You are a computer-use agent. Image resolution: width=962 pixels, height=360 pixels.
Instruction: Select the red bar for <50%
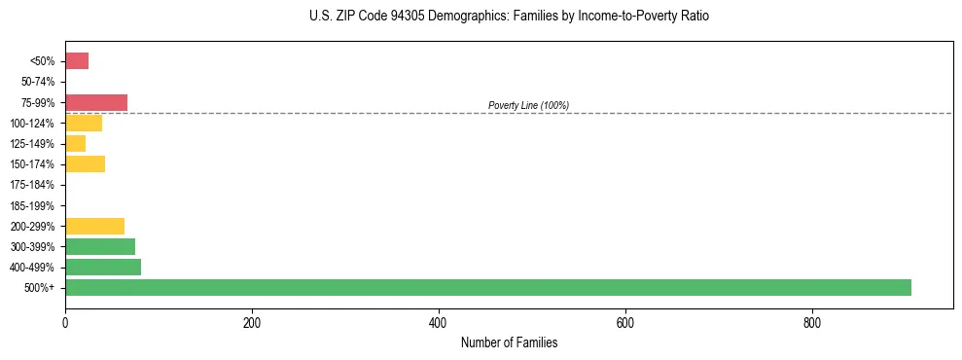point(77,61)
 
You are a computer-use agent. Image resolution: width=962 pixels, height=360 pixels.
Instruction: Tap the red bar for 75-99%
point(96,102)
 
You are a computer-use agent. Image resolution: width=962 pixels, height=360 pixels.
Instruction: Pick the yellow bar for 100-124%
point(84,123)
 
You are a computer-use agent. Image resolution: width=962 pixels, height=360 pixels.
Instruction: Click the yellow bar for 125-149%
point(76,143)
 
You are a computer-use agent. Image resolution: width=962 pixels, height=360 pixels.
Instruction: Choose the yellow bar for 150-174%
point(85,163)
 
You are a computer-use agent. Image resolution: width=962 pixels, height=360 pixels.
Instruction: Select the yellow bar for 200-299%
point(94,226)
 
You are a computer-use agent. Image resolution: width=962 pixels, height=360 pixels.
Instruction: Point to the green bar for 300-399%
point(100,246)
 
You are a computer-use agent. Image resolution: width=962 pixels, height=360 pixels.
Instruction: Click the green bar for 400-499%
point(103,267)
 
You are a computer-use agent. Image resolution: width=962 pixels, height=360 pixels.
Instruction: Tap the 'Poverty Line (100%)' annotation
point(528,105)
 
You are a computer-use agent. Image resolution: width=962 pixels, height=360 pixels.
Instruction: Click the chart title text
point(510,17)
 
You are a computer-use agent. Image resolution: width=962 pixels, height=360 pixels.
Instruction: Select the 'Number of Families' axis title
point(509,343)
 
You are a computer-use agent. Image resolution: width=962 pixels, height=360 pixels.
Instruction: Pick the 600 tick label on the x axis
point(625,323)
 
